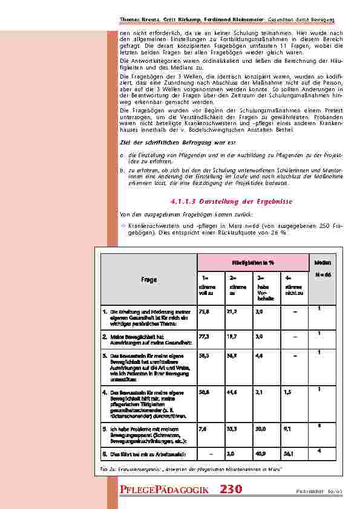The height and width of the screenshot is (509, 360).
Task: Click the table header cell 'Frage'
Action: (x=149, y=280)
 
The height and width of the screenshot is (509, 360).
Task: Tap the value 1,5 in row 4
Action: (x=286, y=392)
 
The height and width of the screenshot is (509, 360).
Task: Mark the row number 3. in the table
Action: (x=105, y=357)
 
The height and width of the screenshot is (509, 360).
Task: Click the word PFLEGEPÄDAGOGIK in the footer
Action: (x=165, y=490)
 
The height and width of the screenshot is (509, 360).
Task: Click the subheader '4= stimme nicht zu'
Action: (x=293, y=287)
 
